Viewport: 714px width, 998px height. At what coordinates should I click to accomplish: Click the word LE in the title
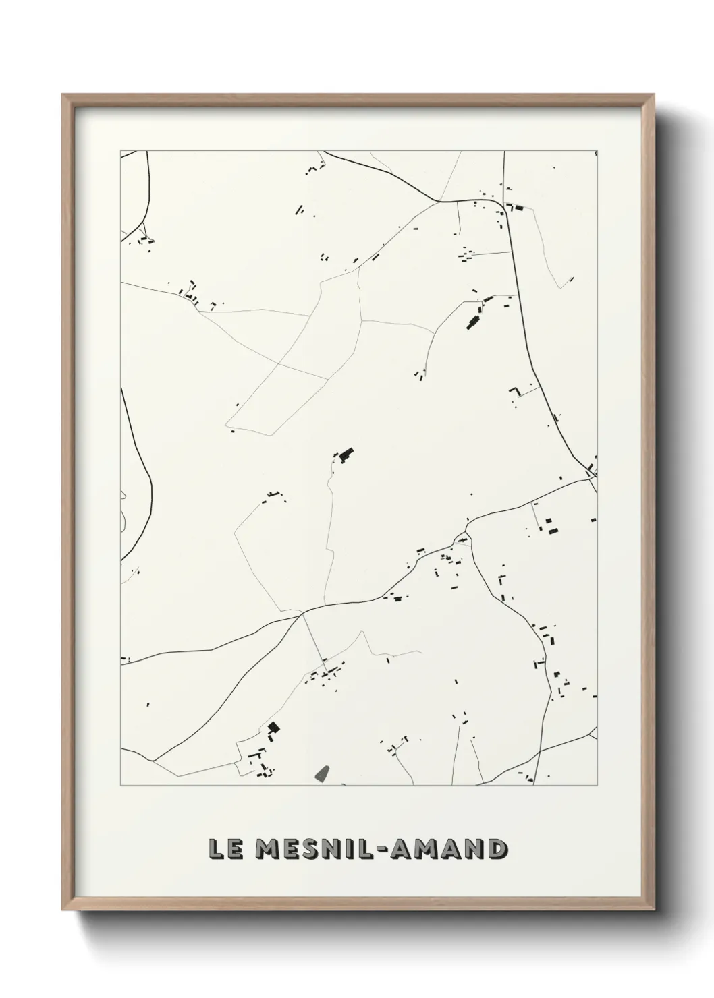223,848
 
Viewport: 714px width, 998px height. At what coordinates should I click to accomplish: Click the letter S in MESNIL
311,848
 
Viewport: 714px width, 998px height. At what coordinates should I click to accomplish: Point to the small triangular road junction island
462,538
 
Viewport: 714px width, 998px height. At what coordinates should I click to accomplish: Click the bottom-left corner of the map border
121,786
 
